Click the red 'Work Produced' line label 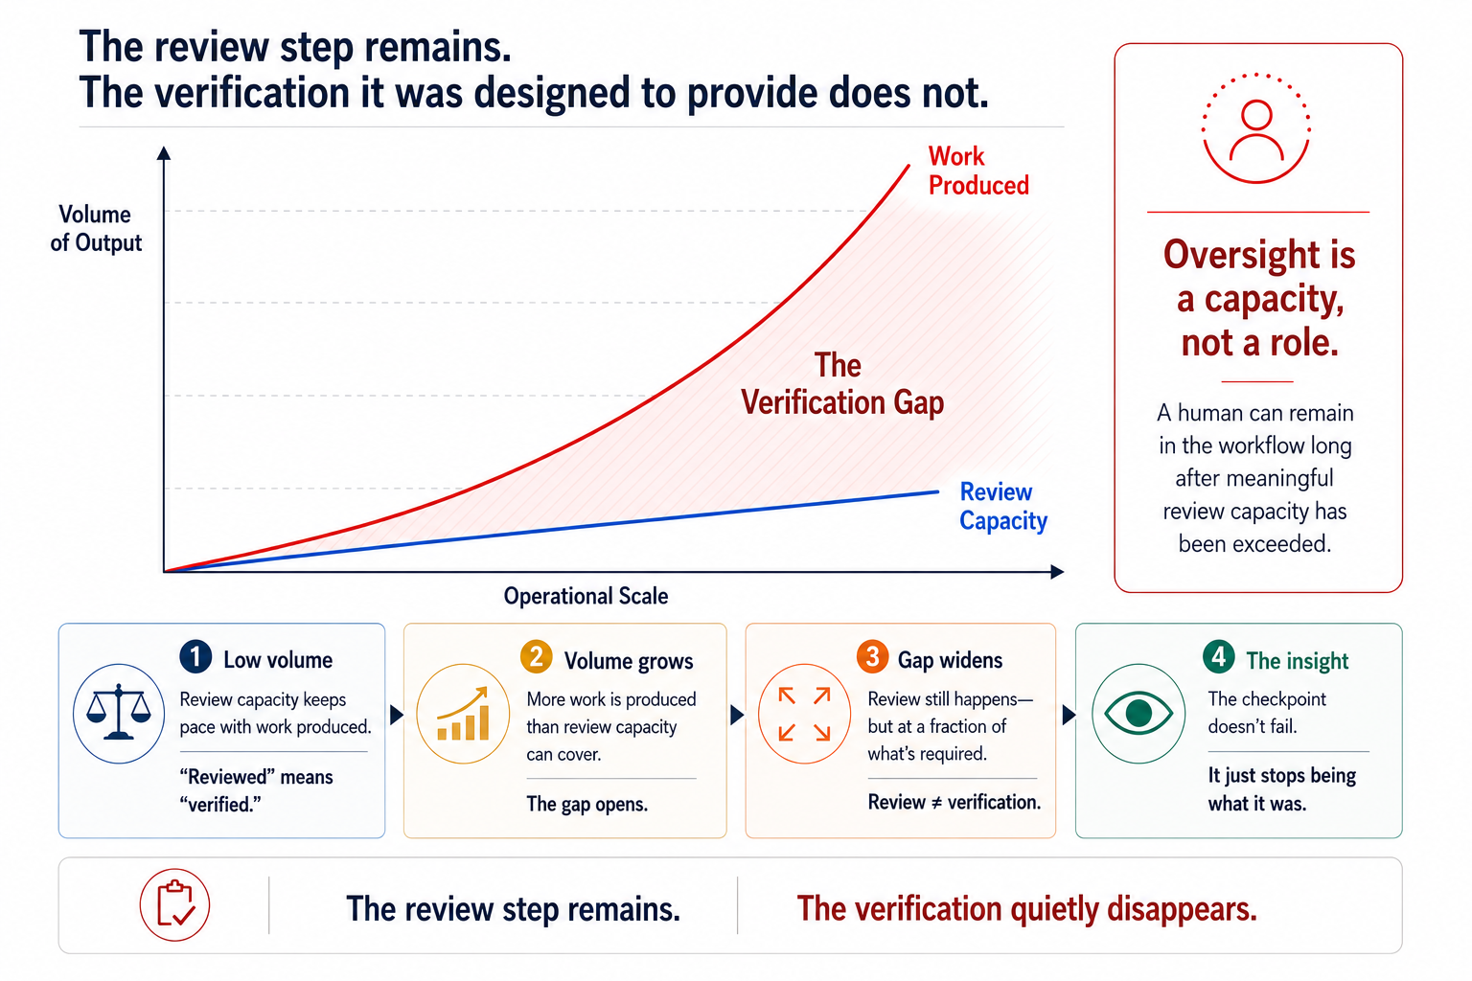click(978, 171)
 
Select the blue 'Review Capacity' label click(1002, 506)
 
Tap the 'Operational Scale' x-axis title click(586, 596)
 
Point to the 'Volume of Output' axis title click(96, 228)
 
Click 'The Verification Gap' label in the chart click(842, 384)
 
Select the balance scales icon click(118, 713)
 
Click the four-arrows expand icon click(804, 714)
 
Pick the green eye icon click(1138, 713)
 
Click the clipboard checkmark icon click(174, 904)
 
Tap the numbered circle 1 click(195, 657)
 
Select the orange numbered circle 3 click(873, 656)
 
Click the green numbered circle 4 click(1219, 656)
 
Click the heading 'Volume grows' click(629, 660)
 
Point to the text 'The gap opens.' click(586, 804)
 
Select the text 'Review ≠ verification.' click(954, 802)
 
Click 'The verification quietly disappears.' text click(1026, 909)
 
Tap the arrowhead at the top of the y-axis click(164, 152)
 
